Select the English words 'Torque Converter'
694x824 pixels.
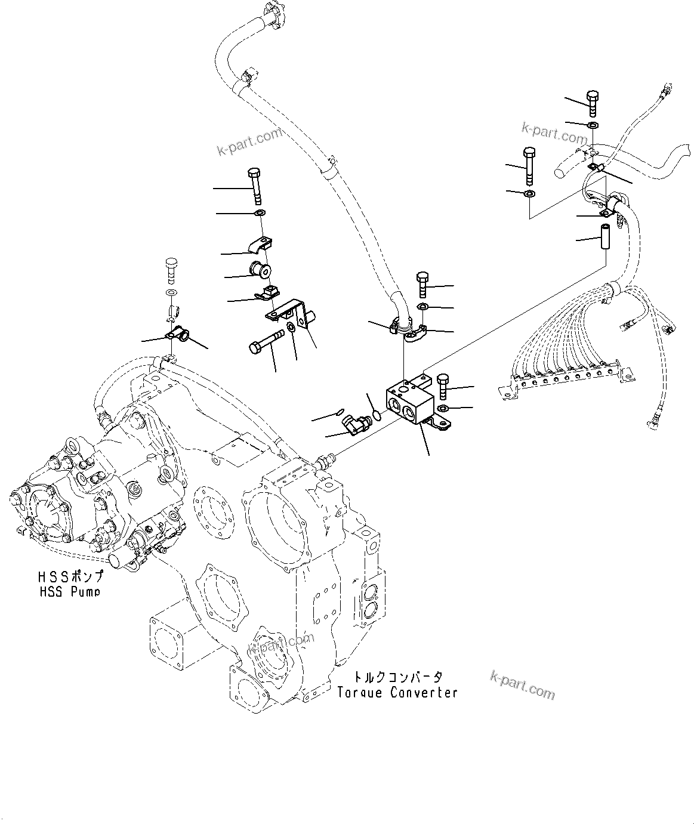pyautogui.click(x=397, y=692)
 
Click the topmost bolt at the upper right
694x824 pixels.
pyautogui.click(x=592, y=104)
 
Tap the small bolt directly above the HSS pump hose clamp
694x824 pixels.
pyautogui.click(x=170, y=271)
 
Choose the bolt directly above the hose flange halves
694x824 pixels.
pyautogui.click(x=422, y=284)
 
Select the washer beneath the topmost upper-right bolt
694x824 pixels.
pyautogui.click(x=593, y=125)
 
